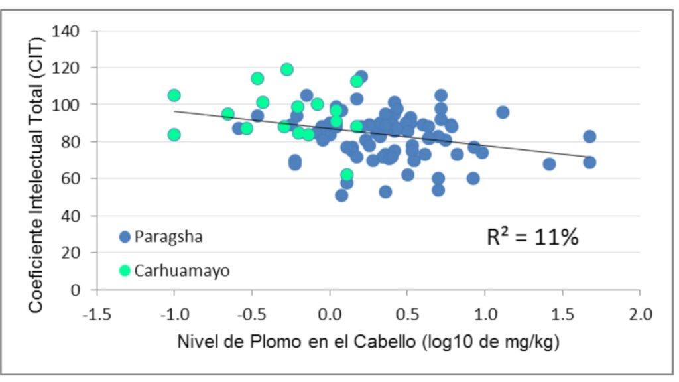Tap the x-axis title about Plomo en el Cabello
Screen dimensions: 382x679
pyautogui.click(x=368, y=343)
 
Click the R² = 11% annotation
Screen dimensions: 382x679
pyautogui.click(x=533, y=237)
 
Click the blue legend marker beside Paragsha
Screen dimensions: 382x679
pyautogui.click(x=125, y=237)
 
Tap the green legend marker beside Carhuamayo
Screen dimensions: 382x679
pyautogui.click(x=125, y=270)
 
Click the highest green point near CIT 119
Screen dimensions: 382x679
pyautogui.click(x=287, y=70)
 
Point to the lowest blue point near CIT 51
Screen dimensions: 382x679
pyautogui.click(x=341, y=196)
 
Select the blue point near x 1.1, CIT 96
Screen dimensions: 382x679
pyautogui.click(x=503, y=113)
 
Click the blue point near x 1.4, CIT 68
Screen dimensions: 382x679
pyautogui.click(x=549, y=164)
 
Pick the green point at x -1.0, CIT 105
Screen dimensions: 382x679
pyautogui.click(x=174, y=95)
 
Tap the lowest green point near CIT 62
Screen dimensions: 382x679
pyautogui.click(x=347, y=175)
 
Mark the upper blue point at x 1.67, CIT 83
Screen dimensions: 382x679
pyautogui.click(x=589, y=137)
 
